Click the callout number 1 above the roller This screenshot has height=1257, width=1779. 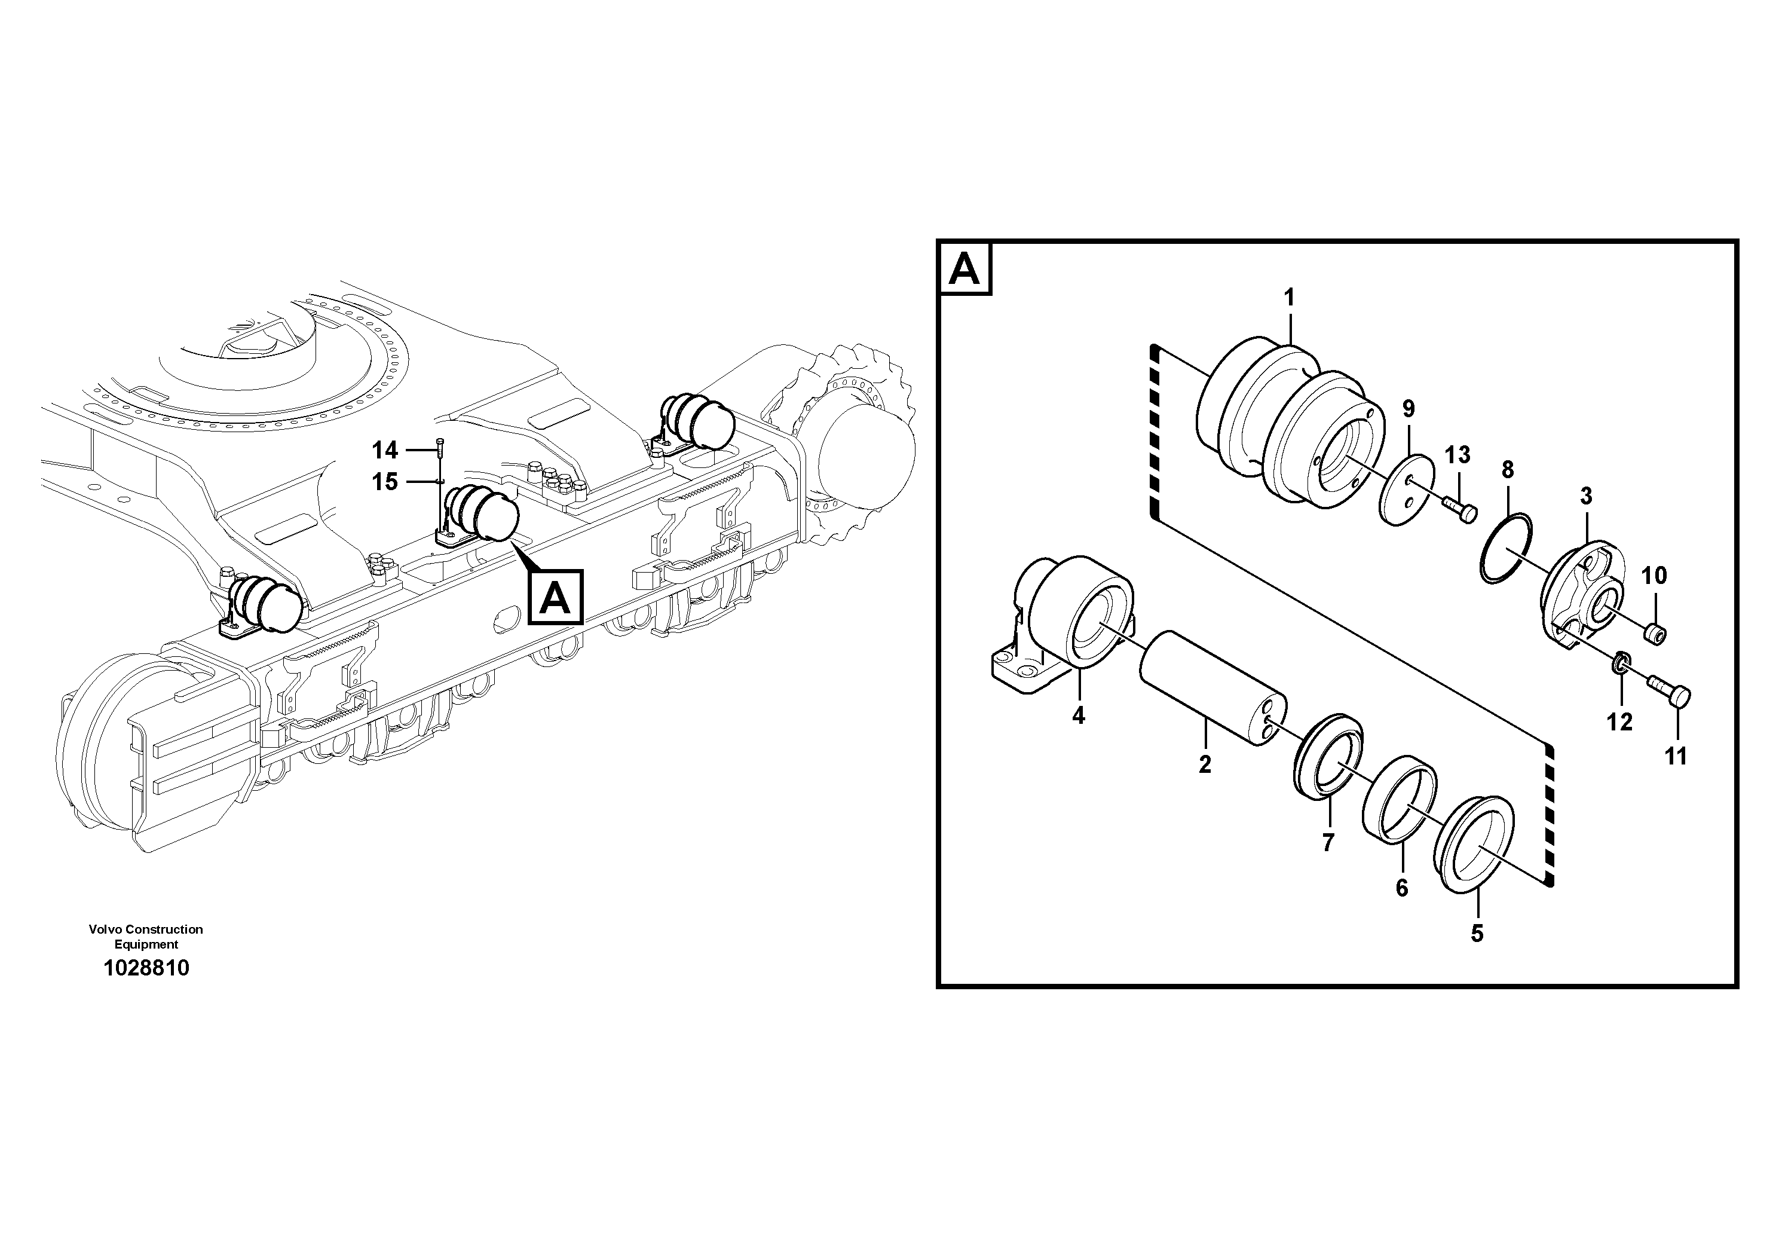pyautogui.click(x=1290, y=298)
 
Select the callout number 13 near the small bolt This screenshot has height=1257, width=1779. pyautogui.click(x=1458, y=455)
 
